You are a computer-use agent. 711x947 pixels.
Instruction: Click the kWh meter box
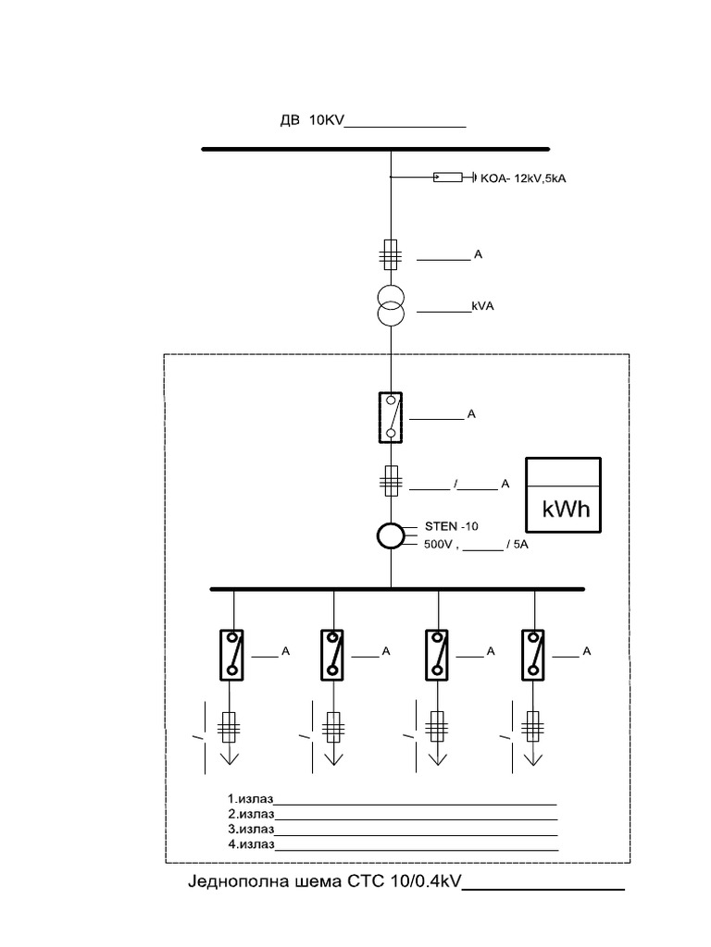(563, 496)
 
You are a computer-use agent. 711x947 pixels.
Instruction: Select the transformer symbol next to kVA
(391, 306)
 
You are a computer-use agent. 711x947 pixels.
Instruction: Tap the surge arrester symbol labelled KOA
(448, 177)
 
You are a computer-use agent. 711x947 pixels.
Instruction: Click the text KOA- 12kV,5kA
(524, 178)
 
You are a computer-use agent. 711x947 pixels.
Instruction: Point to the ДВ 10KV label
(311, 120)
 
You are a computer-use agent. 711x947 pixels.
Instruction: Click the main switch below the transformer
(391, 417)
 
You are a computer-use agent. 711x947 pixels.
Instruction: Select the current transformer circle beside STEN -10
(391, 535)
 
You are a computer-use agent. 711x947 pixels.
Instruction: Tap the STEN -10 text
(451, 526)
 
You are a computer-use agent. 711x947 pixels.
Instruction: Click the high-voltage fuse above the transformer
(391, 254)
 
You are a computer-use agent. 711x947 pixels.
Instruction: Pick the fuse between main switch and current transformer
(392, 481)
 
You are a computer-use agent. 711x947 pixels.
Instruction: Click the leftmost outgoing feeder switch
(231, 656)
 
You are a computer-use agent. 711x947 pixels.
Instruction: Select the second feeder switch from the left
(332, 656)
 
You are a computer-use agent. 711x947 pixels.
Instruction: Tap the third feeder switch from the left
(436, 656)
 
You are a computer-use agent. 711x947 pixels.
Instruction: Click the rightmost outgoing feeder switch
(532, 656)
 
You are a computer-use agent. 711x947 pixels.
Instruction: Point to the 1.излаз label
(250, 799)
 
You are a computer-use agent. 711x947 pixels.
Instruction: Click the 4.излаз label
(251, 844)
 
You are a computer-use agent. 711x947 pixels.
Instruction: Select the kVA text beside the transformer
(482, 306)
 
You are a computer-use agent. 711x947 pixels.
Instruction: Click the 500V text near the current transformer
(438, 545)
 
